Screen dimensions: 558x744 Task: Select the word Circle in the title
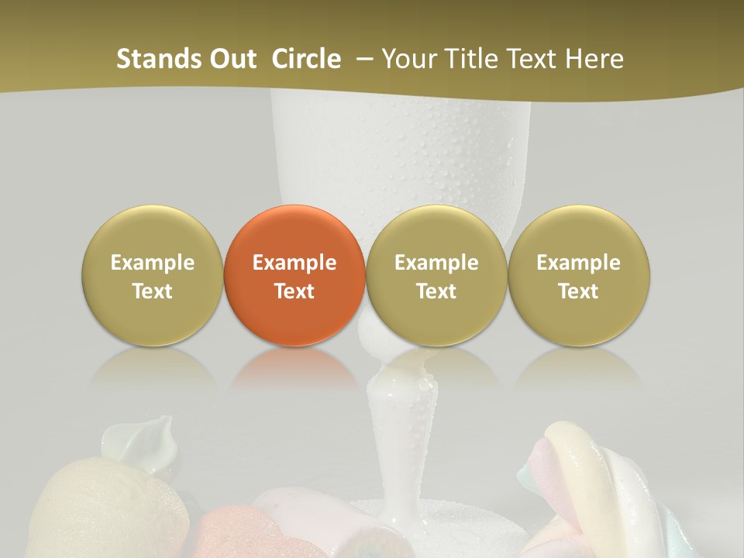pos(306,59)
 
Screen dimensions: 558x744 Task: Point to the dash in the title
pos(363,59)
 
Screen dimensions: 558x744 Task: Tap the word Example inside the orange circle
pos(294,263)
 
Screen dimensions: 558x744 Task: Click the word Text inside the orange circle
pos(294,291)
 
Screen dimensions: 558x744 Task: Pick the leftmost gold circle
pos(152,276)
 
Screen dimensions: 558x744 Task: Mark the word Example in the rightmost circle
pos(578,263)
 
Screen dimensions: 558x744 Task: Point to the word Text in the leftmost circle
pos(152,291)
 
